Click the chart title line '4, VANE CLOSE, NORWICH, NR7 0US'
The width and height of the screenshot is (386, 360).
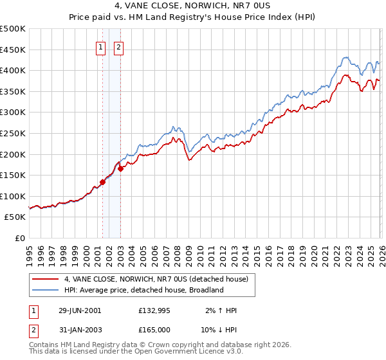[193, 6]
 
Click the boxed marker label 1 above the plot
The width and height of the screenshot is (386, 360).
[102, 46]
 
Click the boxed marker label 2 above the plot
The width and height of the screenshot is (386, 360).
[120, 46]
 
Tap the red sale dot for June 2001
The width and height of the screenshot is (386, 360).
[102, 183]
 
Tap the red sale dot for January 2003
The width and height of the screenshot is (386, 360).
[120, 169]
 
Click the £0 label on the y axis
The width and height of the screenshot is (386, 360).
[21, 238]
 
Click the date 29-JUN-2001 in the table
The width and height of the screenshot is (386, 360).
[80, 310]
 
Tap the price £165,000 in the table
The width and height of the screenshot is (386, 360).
[155, 328]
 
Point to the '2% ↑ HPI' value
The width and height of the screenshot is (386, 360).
[223, 310]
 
